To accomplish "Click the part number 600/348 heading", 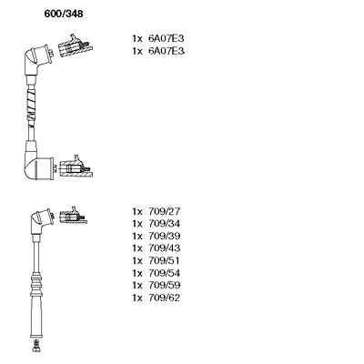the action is pyautogui.click(x=64, y=14).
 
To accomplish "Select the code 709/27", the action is pyautogui.click(x=164, y=211).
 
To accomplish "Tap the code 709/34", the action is pyautogui.click(x=164, y=224).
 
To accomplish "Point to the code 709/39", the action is pyautogui.click(x=164, y=236).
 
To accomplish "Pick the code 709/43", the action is pyautogui.click(x=164, y=248).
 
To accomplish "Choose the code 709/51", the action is pyautogui.click(x=164, y=260).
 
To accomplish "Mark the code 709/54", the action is pyautogui.click(x=164, y=273).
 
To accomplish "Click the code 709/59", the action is pyautogui.click(x=164, y=285).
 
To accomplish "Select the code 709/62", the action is pyautogui.click(x=164, y=298).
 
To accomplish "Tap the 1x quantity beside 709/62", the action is pyautogui.click(x=137, y=298).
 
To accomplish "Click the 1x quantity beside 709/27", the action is pyautogui.click(x=137, y=211).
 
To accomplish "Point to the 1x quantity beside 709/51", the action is pyautogui.click(x=137, y=261).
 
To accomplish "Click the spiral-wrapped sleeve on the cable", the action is pyautogui.click(x=31, y=103).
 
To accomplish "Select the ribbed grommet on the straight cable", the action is pyautogui.click(x=35, y=284).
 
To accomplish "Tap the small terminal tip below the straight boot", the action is pyautogui.click(x=35, y=346).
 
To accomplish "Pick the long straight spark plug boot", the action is pyautogui.click(x=35, y=317).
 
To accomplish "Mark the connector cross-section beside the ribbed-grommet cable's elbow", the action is pyautogui.click(x=73, y=216).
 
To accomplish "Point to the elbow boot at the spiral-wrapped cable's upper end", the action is pyautogui.click(x=39, y=59).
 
